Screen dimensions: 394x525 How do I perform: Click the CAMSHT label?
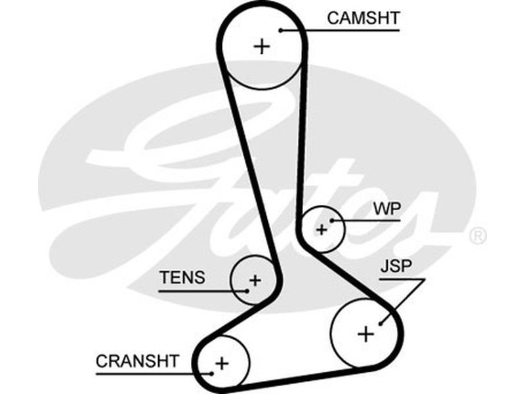click(x=363, y=18)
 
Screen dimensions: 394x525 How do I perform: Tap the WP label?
click(x=387, y=209)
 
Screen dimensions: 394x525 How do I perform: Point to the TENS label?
click(x=182, y=277)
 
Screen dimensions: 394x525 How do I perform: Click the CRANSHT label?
click(x=136, y=361)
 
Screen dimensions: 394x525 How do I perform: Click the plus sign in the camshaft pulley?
click(x=262, y=46)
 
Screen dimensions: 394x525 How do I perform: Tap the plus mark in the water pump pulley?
click(x=322, y=229)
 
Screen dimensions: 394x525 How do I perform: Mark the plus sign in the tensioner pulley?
click(x=255, y=281)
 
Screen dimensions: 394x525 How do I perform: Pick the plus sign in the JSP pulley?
click(x=366, y=334)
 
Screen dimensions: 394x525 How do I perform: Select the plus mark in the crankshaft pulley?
click(x=222, y=362)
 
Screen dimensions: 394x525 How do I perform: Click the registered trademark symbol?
click(x=478, y=236)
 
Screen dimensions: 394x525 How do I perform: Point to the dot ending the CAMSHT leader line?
click(x=280, y=29)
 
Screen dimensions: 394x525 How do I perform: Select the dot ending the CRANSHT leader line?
click(x=212, y=373)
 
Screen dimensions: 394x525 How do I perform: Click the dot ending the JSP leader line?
click(x=381, y=322)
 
